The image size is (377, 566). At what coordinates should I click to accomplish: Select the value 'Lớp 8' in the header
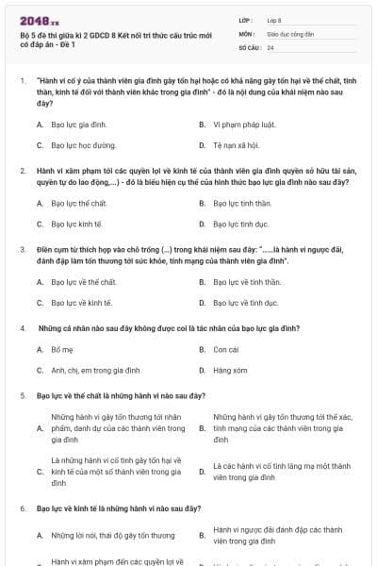pos(274,20)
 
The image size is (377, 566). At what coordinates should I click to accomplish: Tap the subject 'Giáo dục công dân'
pos(289,33)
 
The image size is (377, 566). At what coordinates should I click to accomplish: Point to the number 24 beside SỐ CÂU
pos(270,46)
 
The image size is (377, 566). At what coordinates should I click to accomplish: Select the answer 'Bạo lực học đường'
pos(84,146)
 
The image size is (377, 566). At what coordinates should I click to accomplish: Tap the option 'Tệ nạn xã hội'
pos(237,146)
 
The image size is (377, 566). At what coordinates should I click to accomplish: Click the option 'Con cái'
pos(225,349)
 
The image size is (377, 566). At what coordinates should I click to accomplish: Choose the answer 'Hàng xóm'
pos(229,371)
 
